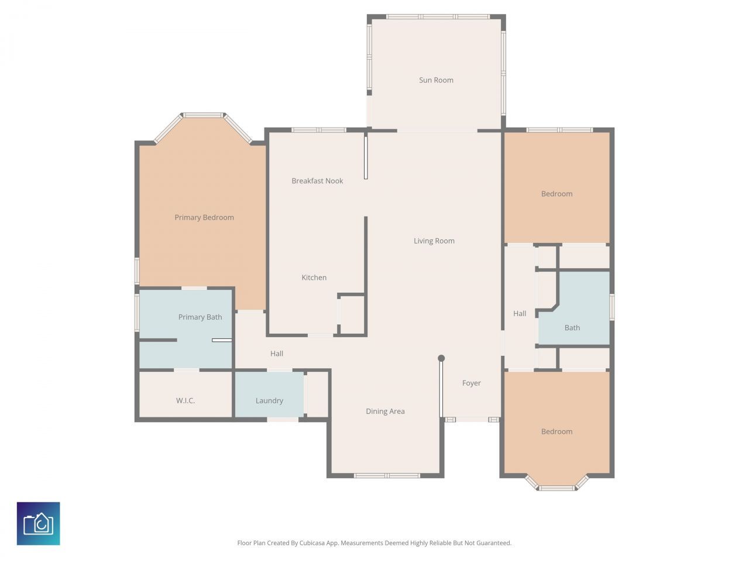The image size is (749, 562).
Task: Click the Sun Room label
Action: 436,80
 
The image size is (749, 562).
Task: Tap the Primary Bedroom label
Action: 204,217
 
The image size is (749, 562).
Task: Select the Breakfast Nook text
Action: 317,181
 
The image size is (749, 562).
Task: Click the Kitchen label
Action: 314,277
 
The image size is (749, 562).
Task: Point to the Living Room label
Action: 434,241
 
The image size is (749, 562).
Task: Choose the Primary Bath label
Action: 200,317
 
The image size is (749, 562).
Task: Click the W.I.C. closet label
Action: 185,401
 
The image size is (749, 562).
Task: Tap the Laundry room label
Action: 269,401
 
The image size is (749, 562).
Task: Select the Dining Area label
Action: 385,412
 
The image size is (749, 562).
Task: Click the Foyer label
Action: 472,383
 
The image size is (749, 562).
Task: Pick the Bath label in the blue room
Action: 572,328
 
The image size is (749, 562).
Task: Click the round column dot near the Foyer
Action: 441,358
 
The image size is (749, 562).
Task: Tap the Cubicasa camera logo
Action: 39,523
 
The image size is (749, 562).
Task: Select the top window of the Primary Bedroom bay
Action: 202,115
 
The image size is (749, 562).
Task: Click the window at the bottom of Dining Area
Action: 387,475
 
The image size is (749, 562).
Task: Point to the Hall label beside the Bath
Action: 520,314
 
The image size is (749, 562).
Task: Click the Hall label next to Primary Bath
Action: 277,354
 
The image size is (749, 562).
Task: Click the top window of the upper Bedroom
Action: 559,130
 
